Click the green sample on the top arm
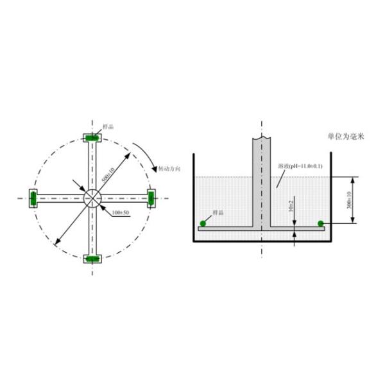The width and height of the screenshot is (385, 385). coord(92,138)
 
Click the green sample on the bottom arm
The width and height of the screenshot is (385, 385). coord(92,259)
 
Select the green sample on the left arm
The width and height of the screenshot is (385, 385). coord(31,198)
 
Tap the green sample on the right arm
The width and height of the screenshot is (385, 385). coord(152,198)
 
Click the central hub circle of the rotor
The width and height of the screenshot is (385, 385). coord(92,198)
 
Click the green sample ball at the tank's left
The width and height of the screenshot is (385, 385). coord(203,223)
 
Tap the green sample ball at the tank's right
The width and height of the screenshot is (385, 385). coord(320,223)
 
